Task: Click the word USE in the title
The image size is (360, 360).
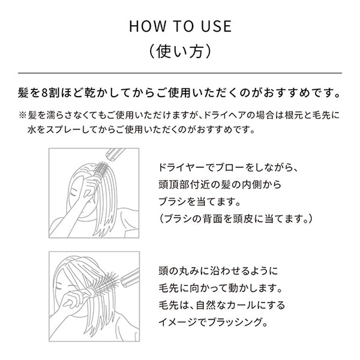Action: click(x=216, y=26)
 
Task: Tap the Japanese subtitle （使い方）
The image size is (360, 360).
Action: click(x=180, y=51)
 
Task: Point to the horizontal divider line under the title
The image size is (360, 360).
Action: click(x=180, y=73)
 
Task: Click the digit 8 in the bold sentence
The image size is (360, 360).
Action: click(x=45, y=93)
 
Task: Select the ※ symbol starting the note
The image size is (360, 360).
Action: click(x=23, y=115)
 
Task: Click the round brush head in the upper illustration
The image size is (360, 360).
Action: click(x=102, y=170)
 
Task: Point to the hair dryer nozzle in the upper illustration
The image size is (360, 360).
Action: click(x=115, y=153)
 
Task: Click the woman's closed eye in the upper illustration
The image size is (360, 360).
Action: click(x=74, y=194)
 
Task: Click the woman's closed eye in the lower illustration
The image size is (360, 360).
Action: click(x=58, y=287)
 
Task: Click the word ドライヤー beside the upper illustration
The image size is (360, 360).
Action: click(x=181, y=168)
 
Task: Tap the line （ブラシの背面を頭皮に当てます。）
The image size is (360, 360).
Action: click(x=236, y=219)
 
